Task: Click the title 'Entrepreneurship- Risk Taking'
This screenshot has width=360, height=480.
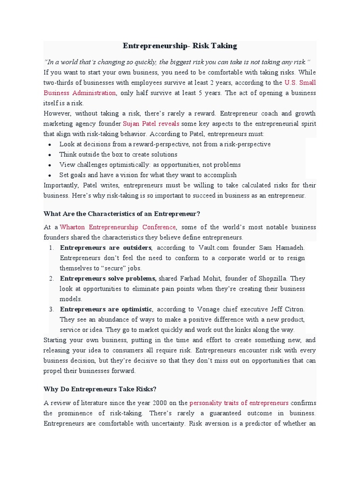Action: click(x=180, y=46)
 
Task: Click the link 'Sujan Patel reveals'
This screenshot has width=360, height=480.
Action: click(x=151, y=124)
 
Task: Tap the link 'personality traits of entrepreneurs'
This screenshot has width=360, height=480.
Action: click(x=239, y=403)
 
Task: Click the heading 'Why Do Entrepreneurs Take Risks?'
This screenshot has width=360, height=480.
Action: click(x=100, y=389)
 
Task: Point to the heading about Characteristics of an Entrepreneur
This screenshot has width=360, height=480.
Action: click(x=122, y=214)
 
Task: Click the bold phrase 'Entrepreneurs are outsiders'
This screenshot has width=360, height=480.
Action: click(x=106, y=247)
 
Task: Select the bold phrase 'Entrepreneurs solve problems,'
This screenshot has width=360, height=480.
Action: click(x=109, y=278)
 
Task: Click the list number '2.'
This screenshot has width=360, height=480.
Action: click(x=51, y=278)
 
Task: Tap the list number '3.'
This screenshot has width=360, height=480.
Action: click(x=51, y=309)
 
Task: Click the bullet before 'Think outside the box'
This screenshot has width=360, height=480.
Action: click(x=50, y=155)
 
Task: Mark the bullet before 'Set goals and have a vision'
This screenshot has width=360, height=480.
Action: click(x=50, y=175)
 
